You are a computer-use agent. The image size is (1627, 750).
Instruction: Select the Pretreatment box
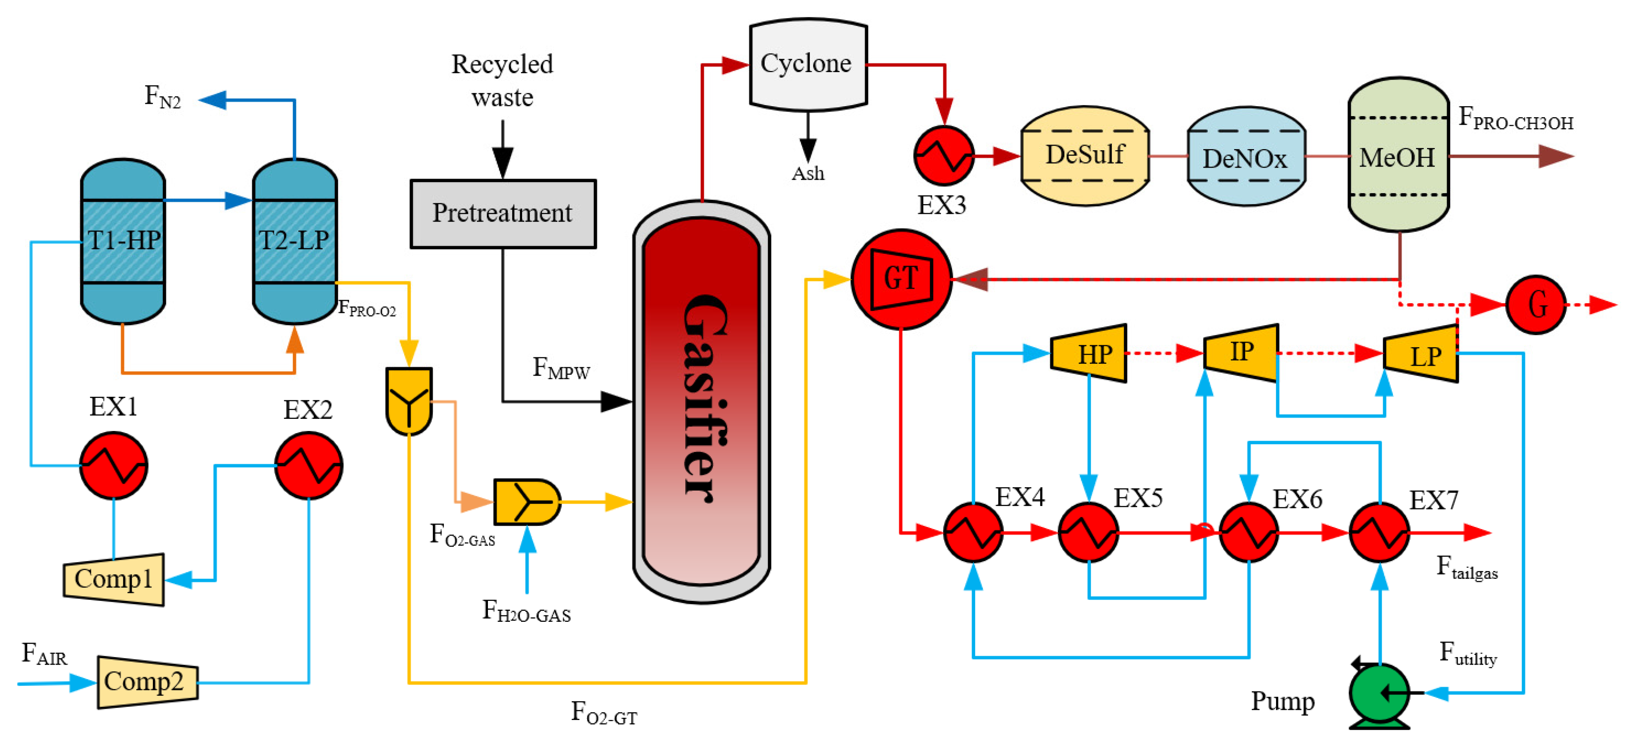[503, 213]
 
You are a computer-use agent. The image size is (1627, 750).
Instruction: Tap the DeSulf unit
[1084, 155]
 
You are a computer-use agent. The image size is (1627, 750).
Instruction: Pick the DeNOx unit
[1246, 157]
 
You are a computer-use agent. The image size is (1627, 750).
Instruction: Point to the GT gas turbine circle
[901, 279]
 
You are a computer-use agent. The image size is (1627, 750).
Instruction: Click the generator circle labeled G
[1536, 305]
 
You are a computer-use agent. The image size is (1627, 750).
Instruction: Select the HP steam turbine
[1089, 354]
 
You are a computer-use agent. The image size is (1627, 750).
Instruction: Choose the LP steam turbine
[1421, 355]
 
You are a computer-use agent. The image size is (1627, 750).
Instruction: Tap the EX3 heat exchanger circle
[944, 155]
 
